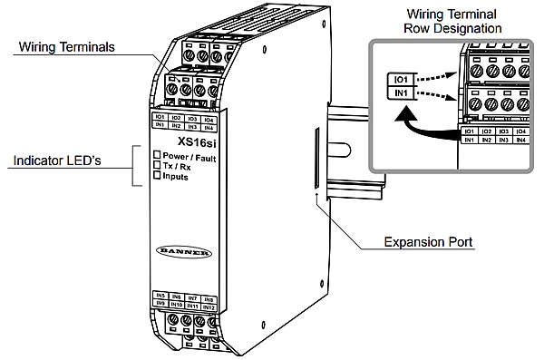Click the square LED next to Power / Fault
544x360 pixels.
point(157,156)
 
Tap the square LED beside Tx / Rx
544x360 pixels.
point(157,166)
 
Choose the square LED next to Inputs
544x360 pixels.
point(157,176)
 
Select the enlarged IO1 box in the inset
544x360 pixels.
point(399,79)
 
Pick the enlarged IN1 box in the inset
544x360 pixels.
point(399,94)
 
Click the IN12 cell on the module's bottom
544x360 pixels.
point(209,306)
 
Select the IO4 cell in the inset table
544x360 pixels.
point(520,132)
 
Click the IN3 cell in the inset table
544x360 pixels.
point(504,141)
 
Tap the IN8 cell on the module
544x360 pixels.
point(209,297)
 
